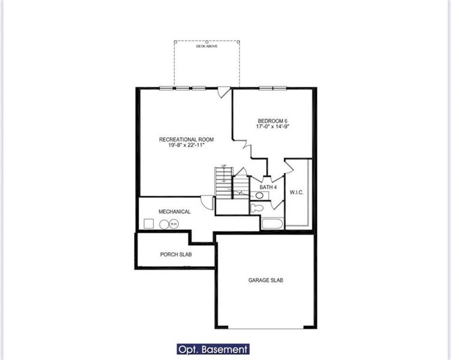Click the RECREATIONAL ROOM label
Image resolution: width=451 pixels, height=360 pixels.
point(186,139)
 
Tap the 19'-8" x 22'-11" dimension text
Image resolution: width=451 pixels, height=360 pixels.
point(186,145)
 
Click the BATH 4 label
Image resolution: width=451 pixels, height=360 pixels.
point(268,187)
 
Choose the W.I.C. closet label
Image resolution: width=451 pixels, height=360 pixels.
point(297,193)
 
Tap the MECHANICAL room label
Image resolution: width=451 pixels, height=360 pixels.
point(175,212)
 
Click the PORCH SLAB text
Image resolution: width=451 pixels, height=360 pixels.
point(176,254)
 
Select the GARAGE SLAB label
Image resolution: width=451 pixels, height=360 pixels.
point(266,280)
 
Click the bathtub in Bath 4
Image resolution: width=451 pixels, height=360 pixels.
point(272,224)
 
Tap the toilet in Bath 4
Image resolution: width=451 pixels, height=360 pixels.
point(258,208)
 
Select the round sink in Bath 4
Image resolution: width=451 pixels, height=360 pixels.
point(259,196)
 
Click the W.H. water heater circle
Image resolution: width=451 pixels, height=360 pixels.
point(174,224)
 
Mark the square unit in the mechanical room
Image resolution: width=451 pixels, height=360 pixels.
point(148,224)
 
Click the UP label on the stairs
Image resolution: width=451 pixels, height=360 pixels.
point(223,166)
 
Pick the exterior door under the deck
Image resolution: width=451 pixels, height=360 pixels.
point(223,92)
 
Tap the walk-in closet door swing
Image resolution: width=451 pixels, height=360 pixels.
point(289,165)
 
